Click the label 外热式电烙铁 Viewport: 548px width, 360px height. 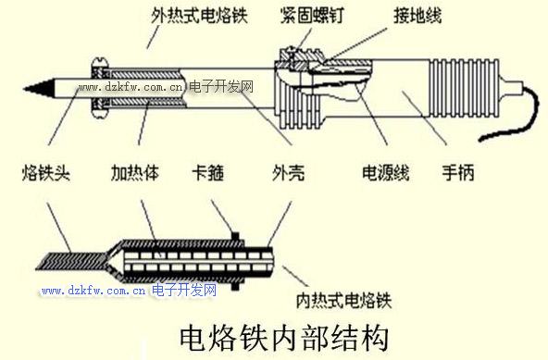coord(199,16)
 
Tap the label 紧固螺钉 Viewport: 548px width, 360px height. coord(312,16)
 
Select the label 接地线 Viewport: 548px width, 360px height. coord(417,16)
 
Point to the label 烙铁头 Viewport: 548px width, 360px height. coord(45,173)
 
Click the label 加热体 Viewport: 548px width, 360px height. coord(135,173)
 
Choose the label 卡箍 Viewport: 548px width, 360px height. coord(208,173)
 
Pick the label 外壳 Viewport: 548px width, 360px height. coord(288,173)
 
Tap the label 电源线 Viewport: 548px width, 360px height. coord(385,173)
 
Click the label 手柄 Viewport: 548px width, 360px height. coord(458,173)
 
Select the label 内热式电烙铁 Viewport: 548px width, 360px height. coord(344,301)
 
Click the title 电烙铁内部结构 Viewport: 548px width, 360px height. coord(284,339)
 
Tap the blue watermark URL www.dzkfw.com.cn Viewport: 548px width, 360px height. coord(93,290)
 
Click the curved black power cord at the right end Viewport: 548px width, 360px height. coord(511,116)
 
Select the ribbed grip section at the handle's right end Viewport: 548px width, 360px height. coord(464,88)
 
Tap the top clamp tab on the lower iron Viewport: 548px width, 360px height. coord(235,236)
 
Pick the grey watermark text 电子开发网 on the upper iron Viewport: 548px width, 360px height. coord(221,87)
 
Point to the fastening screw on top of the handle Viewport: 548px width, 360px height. coord(290,56)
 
